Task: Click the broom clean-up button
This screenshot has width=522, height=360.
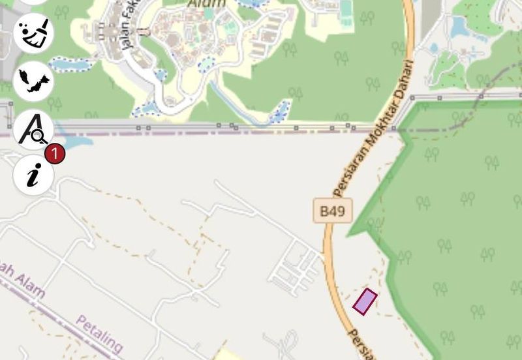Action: point(33,33)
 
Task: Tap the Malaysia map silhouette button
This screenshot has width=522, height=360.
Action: point(33,80)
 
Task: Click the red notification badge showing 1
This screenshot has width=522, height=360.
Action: point(55,154)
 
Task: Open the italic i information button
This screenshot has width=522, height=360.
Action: point(33,175)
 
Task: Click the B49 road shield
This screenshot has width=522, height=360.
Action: point(332,211)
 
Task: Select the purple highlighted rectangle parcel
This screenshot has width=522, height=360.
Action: point(365,301)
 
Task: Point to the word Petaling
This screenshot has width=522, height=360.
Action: point(99,332)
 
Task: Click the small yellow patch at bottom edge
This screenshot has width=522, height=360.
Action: point(226,354)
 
